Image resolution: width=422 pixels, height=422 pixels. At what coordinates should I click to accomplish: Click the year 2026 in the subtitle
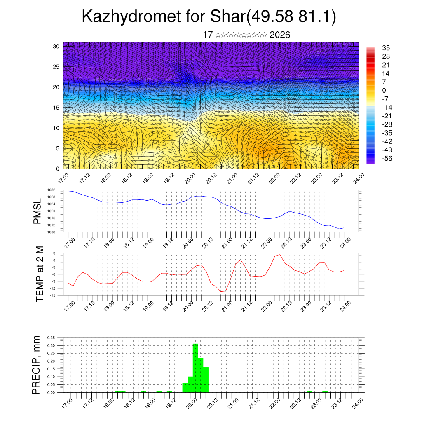280,35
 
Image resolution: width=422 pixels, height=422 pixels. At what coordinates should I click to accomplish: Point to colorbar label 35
386,48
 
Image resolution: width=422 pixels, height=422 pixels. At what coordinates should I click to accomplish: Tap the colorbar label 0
384,90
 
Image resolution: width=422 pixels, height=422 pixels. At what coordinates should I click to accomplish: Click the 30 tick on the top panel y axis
56,46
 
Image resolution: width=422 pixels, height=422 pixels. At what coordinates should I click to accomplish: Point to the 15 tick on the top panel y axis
56,108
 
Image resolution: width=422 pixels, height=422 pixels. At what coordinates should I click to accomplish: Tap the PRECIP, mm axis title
37,365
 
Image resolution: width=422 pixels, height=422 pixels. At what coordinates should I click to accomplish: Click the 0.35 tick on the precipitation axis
51,338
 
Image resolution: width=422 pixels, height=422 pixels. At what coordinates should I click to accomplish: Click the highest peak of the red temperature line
280,255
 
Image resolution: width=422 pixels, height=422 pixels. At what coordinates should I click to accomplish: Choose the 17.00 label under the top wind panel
63,179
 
